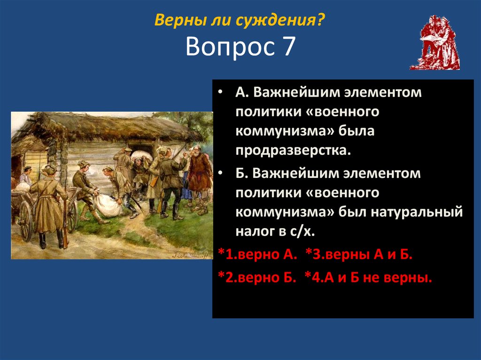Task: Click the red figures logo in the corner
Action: coord(435,43)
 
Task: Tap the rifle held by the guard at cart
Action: coord(64,221)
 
